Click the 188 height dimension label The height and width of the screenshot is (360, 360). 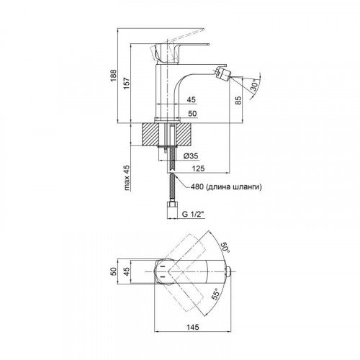coord(114,76)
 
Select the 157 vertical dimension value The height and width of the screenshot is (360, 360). coord(127,84)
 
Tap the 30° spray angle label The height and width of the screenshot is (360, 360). coord(255,86)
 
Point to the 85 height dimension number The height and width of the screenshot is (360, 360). coord(238,100)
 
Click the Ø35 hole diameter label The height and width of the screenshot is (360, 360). coord(191,156)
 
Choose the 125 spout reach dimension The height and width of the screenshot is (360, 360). coord(198,168)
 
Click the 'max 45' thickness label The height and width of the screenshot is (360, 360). coord(127,178)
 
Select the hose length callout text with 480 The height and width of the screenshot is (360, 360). coord(226,187)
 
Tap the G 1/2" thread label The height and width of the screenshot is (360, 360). coord(193,215)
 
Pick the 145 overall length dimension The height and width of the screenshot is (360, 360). coord(192,327)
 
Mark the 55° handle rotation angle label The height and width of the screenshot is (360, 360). coord(215,294)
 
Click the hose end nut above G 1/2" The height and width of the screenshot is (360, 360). coord(172,207)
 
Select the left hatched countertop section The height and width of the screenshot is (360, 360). coord(150,135)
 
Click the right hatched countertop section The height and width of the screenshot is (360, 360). coord(184,135)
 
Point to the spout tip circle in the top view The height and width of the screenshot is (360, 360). coord(229,271)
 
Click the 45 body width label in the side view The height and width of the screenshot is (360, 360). coord(191,99)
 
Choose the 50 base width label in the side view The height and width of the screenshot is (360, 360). coord(192,113)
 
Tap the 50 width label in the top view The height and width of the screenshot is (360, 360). coord(114,271)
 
